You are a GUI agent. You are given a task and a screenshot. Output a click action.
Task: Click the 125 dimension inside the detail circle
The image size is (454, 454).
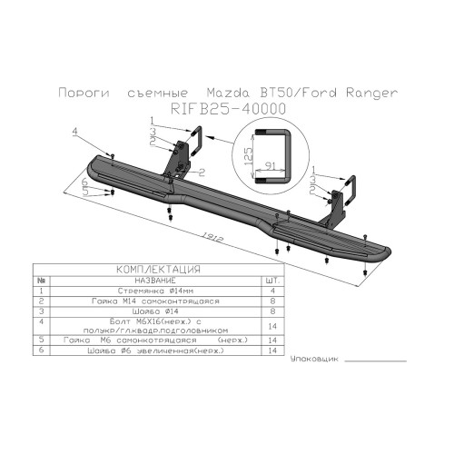[245, 160]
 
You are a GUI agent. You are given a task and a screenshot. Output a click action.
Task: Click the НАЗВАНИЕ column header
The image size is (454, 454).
[149, 281]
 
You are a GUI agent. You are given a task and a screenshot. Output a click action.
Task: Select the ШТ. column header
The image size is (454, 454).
[265, 281]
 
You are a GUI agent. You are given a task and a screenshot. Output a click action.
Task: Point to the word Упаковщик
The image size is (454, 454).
[313, 360]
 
